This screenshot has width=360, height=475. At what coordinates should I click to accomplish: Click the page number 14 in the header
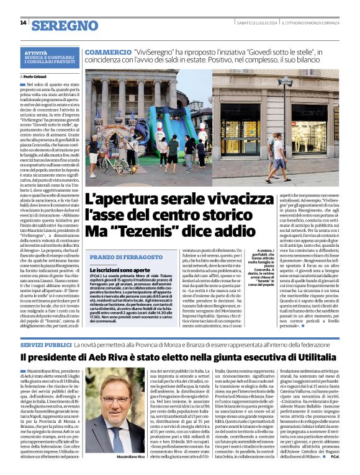click(23, 22)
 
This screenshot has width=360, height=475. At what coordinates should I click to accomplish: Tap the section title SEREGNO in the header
click(65, 25)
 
